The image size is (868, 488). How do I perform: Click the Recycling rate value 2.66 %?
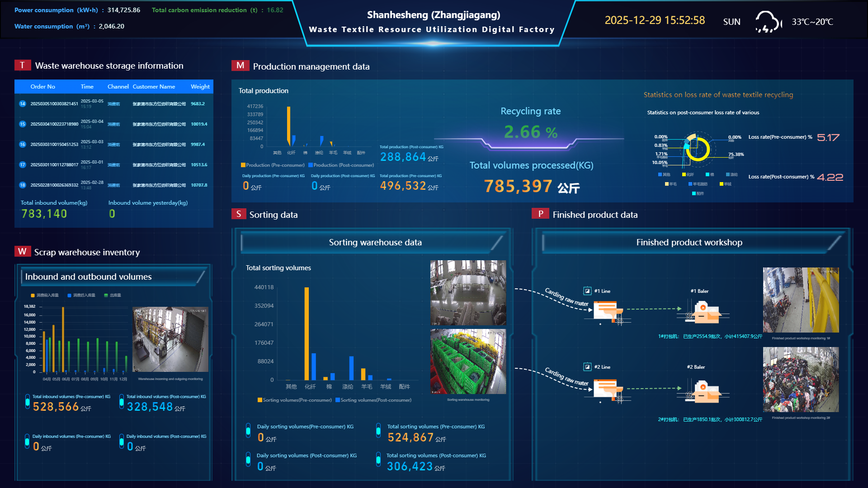coord(530,132)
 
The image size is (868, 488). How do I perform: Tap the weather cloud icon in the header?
coord(768,22)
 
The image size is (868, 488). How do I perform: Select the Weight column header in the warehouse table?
coord(200,86)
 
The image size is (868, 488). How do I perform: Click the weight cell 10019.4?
coord(199,124)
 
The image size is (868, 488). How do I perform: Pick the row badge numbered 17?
coord(23,165)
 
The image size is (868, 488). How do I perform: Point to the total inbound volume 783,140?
coord(44,214)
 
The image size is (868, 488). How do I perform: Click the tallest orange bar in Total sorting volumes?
coord(307,333)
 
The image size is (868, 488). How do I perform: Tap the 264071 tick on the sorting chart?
coord(264,324)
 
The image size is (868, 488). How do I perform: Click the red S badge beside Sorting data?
coord(239,214)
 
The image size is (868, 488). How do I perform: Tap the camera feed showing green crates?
coord(468,361)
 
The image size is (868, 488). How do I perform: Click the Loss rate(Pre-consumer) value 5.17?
coord(828,137)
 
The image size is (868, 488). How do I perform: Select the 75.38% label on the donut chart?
coord(736,155)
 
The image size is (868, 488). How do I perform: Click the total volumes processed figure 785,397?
coord(518,186)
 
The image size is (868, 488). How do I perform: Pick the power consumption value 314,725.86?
coord(123,10)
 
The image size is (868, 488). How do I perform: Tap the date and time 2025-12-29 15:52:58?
coord(655,20)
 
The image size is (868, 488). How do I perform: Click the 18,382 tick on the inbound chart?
coord(29,306)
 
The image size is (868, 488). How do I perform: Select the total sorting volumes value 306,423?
coord(410,466)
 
